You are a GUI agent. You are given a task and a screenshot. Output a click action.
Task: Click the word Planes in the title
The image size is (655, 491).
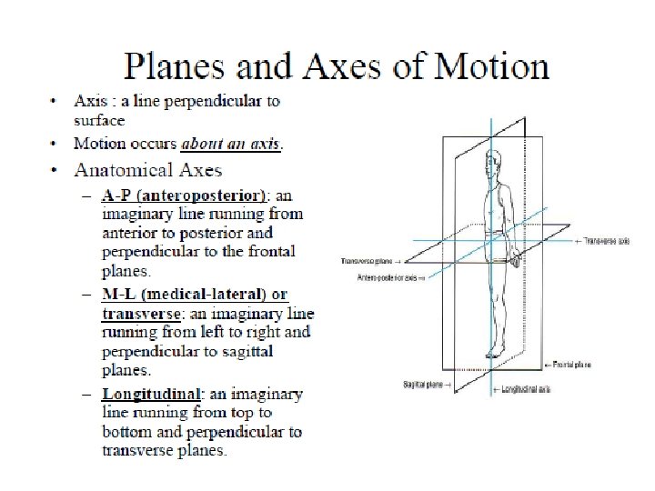coord(173,66)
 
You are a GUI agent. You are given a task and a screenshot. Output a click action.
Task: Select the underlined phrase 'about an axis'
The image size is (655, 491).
coord(231,144)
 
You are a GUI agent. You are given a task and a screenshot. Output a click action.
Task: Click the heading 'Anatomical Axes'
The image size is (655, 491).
coord(147,169)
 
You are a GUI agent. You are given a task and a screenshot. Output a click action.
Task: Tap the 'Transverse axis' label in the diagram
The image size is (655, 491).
coord(608,242)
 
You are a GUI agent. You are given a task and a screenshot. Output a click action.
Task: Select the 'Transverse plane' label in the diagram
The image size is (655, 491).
coord(366,261)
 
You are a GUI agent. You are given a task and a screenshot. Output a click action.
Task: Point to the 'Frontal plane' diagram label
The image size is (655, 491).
coord(572,364)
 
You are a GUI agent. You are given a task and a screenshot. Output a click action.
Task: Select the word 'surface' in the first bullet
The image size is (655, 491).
coord(100,119)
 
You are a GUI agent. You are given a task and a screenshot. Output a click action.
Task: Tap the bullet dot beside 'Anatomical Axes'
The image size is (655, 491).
coord(55,169)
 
